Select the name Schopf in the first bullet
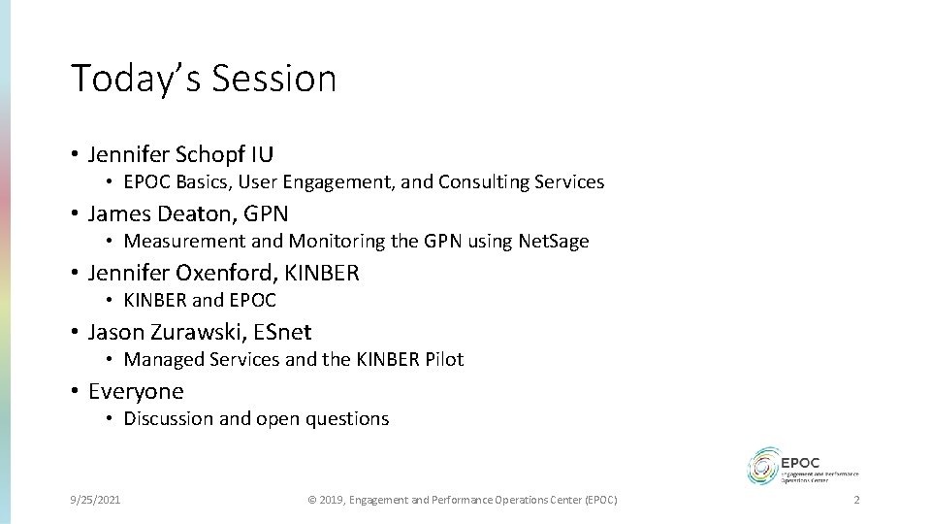click(x=213, y=153)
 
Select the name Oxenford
click(x=218, y=273)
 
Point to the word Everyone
click(x=136, y=391)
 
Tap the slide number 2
click(x=856, y=499)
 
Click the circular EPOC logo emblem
click(x=763, y=464)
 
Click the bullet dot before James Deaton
click(x=74, y=213)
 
